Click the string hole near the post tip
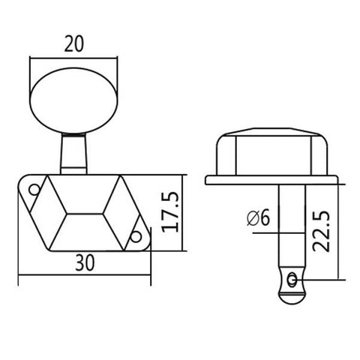click(x=291, y=280)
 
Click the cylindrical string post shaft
click(x=290, y=225)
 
